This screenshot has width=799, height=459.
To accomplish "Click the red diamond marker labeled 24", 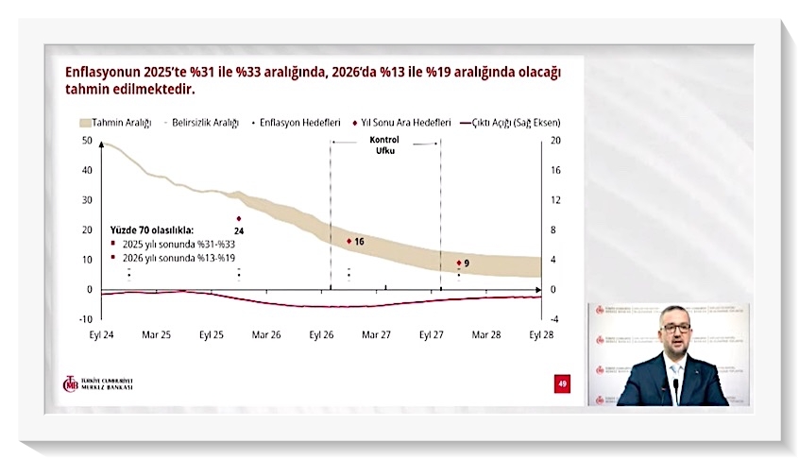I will tap(239, 218).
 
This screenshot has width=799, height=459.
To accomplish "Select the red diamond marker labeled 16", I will tap(349, 241).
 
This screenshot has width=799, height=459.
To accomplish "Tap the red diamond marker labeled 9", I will tap(459, 263).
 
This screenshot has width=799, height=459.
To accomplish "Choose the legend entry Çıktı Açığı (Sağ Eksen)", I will tap(516, 123).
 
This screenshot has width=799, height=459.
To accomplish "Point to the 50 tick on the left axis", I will tap(87, 141).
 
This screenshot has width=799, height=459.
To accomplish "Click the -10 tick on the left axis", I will tap(85, 319).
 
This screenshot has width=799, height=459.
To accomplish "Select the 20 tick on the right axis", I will tap(556, 141).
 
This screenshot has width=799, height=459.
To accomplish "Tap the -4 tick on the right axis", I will tap(556, 319).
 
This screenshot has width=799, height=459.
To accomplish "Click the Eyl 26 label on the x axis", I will tap(322, 334).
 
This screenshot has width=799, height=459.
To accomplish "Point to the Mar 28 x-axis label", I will tap(486, 334).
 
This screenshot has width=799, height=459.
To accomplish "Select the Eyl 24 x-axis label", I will tap(103, 334).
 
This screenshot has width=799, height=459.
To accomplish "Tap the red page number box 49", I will tap(562, 382).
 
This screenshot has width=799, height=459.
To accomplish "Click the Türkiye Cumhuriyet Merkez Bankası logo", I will tap(97, 384).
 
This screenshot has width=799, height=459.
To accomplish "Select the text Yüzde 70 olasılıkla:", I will tap(151, 229).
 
